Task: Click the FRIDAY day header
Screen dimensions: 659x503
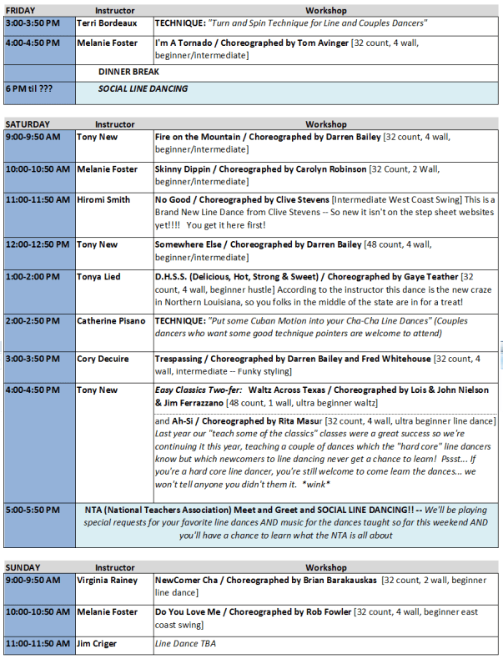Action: (x=21, y=8)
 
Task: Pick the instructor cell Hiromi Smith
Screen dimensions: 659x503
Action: (x=103, y=200)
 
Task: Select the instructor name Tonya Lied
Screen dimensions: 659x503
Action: (x=98, y=277)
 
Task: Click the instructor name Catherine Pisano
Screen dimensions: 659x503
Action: (x=111, y=320)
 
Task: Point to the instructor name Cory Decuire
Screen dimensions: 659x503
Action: (x=103, y=359)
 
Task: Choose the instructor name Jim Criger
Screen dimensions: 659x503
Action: (x=98, y=644)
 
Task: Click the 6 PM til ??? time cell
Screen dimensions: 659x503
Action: (x=28, y=89)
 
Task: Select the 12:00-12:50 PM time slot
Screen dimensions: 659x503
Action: (x=38, y=244)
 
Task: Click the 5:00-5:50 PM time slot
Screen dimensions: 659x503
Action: (x=33, y=509)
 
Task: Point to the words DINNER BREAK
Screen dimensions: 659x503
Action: (x=128, y=73)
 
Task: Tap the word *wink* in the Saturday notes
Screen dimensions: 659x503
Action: (x=317, y=484)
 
